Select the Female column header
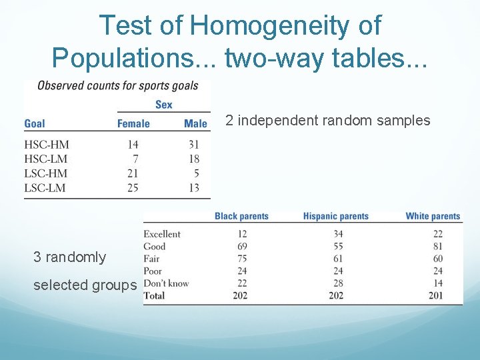coord(133,123)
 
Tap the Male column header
coord(195,123)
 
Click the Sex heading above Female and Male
coord(163,104)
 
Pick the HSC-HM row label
coord(47,145)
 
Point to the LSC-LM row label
coord(45,188)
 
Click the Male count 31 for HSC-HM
coord(193,145)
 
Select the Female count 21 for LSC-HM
coord(133,173)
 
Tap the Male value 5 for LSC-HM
coord(196,173)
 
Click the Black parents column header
coord(241,217)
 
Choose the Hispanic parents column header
coord(335,217)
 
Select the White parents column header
coord(433,217)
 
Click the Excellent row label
coord(162,234)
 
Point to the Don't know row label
coord(166,283)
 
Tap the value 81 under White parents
coord(456,246)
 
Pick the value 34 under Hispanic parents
coord(338,234)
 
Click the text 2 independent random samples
coord(327,121)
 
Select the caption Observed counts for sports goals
coord(118,85)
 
